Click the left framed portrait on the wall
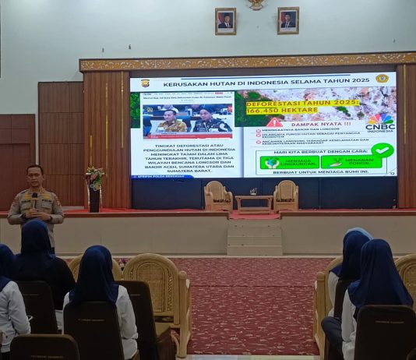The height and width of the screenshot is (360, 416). (x=225, y=21)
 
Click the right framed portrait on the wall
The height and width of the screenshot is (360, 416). (x=287, y=20)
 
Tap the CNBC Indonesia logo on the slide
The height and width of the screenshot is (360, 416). (x=379, y=123)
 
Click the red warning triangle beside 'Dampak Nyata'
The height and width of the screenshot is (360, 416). (x=275, y=123)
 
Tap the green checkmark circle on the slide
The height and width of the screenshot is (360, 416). (x=382, y=150)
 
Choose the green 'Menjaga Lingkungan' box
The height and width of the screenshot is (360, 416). (x=290, y=162)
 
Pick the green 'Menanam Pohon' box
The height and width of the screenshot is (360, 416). (x=351, y=161)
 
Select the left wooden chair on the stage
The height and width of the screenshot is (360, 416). (x=218, y=196)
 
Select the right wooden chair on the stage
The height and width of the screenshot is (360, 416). (x=286, y=196)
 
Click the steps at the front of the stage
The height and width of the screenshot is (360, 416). (x=254, y=237)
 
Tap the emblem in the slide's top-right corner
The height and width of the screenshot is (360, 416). (x=382, y=79)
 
